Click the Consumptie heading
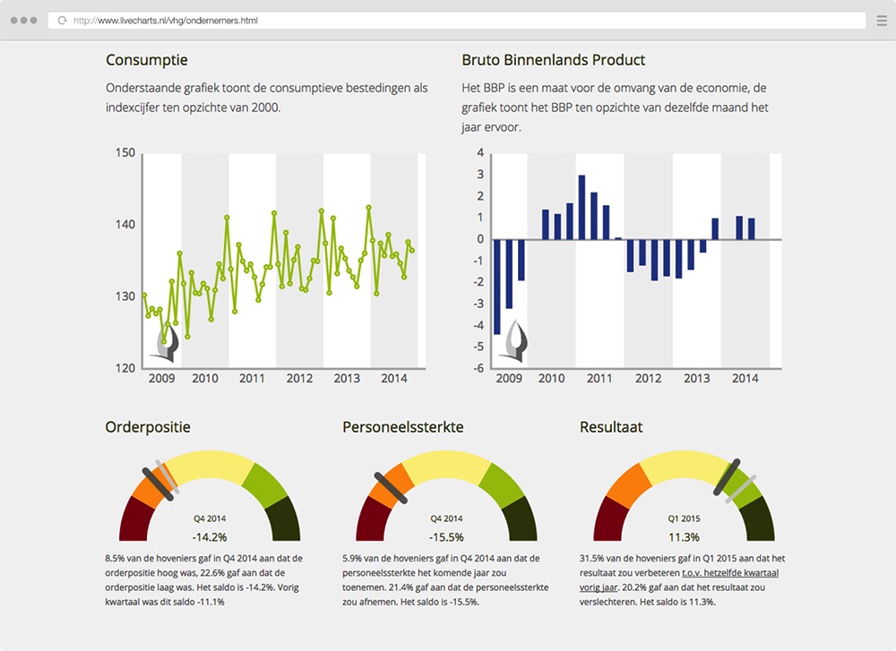147,60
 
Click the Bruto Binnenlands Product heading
553,60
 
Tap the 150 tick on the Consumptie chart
125,153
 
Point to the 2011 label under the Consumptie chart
252,379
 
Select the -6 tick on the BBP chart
479,368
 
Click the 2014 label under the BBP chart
745,379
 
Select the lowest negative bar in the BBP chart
497,287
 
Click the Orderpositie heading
148,427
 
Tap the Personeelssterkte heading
402,427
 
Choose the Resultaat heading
611,427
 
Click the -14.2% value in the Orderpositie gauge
210,537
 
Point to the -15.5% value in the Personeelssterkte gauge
446,537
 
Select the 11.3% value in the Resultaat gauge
684,537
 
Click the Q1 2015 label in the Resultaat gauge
684,518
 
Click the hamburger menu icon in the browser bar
881,20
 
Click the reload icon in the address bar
62,20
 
